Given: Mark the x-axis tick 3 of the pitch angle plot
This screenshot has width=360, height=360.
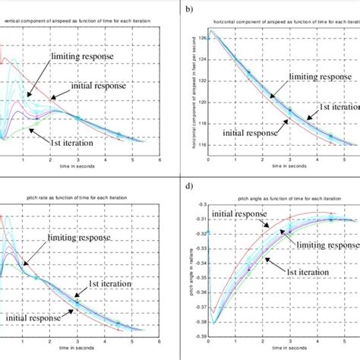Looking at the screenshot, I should pyautogui.click(x=289, y=341).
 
